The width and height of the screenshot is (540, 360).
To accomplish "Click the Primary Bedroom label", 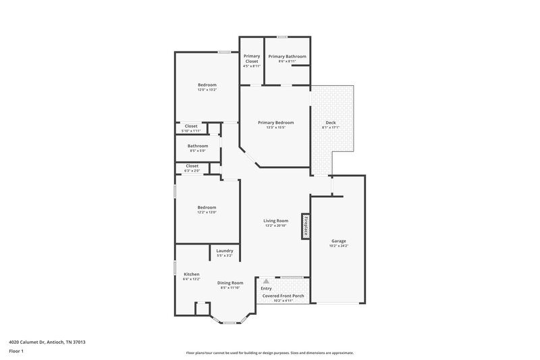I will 276,122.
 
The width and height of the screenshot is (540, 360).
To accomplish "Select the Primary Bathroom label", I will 287,56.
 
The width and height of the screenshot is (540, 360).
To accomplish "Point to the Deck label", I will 330,122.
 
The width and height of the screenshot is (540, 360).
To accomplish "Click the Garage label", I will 338,240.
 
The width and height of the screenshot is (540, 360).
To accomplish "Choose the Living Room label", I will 275,220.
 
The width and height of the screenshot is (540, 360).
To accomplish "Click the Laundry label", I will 225,251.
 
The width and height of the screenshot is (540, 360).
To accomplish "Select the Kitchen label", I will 192,274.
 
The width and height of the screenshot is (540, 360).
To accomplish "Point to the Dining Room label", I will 230,282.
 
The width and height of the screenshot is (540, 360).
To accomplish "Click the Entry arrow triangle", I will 266,281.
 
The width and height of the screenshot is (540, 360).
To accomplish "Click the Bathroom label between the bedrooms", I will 198,146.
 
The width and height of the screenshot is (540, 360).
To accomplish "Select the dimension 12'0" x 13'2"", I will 207,90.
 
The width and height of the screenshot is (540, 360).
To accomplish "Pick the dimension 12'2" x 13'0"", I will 207,212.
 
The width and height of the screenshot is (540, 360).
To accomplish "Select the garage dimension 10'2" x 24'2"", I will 338,246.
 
